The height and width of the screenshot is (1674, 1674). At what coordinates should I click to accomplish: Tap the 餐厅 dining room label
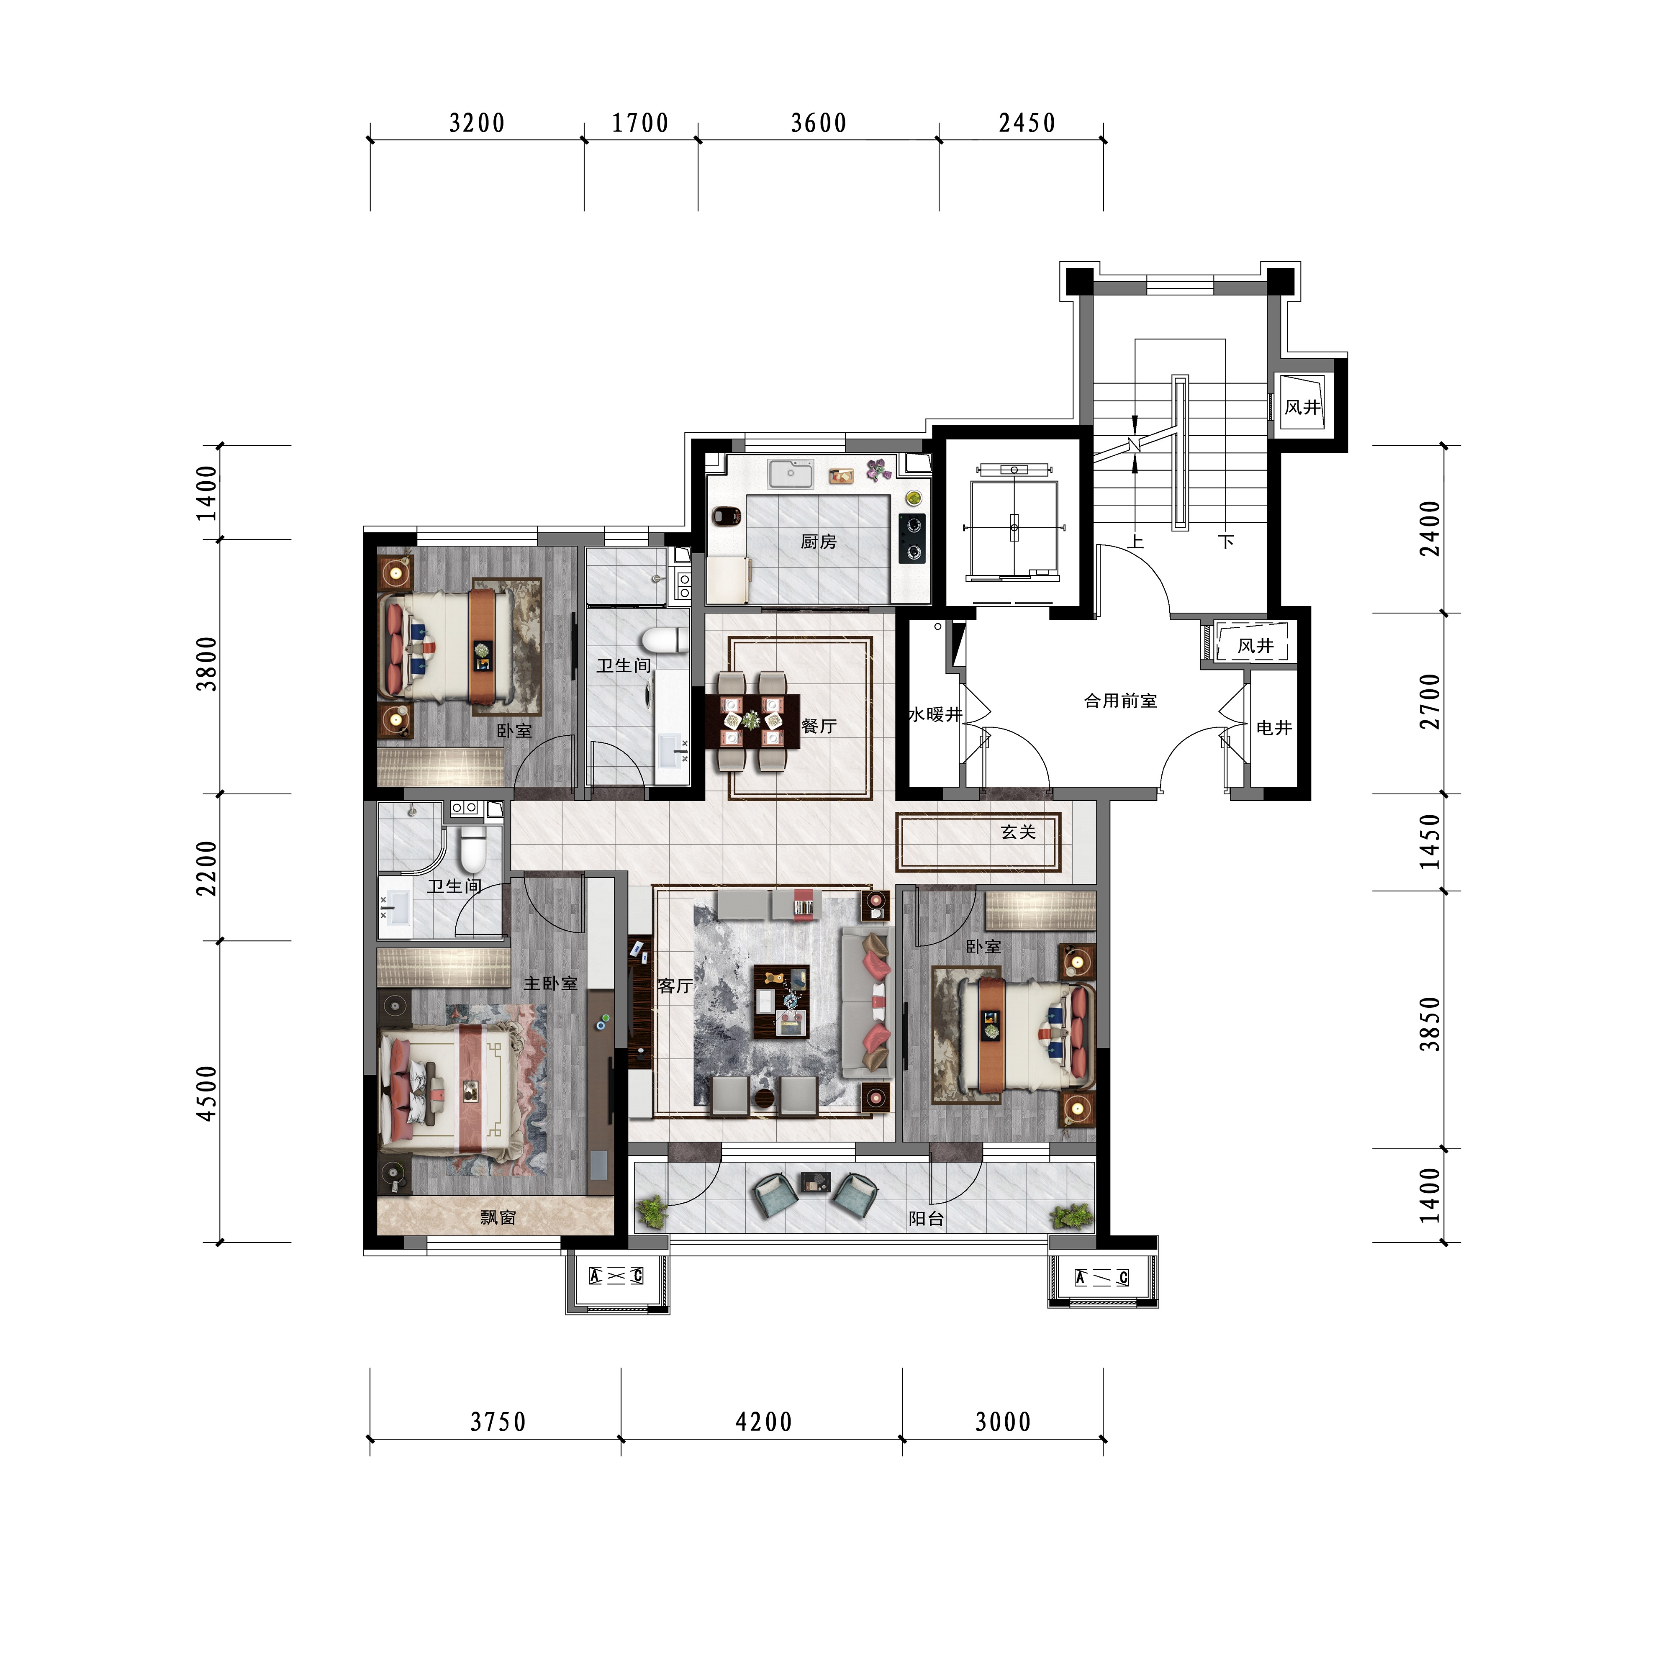(x=819, y=726)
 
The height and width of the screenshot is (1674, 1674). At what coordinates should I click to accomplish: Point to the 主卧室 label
(x=550, y=983)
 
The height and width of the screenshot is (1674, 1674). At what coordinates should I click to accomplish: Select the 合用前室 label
(x=1120, y=701)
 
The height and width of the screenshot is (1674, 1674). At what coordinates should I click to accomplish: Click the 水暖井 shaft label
(x=935, y=714)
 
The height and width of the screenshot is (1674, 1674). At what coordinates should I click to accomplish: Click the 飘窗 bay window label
(x=498, y=1217)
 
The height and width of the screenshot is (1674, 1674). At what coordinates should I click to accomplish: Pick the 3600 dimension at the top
(x=819, y=123)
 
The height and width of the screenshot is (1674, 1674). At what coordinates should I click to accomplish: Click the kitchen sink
(x=790, y=474)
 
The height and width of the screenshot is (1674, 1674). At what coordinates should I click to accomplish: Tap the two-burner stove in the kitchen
(x=911, y=538)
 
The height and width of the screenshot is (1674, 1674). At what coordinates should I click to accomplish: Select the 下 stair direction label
(x=1226, y=542)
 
